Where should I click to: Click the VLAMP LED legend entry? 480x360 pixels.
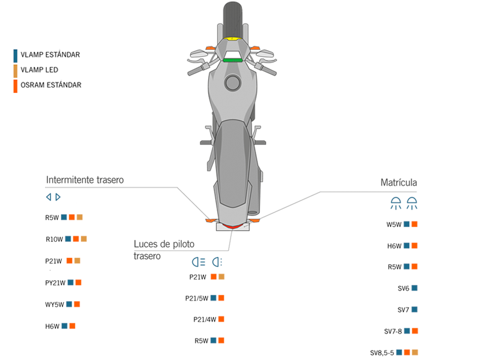click(39, 70)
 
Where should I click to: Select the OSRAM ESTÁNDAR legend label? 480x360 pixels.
click(50, 85)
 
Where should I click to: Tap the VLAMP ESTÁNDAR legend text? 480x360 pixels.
click(50, 55)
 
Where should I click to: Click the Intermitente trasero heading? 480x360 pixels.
click(85, 179)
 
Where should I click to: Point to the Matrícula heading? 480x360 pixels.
click(398, 182)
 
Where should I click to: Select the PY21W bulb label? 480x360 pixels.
click(55, 283)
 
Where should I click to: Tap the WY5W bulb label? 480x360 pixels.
click(54, 304)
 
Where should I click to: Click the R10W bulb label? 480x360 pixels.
click(54, 239)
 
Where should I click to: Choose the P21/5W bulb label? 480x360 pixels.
click(196, 298)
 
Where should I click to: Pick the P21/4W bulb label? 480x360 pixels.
click(204, 319)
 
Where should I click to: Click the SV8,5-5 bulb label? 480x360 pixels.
click(382, 352)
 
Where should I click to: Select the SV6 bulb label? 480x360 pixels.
click(403, 289)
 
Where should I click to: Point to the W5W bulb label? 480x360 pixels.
click(394, 225)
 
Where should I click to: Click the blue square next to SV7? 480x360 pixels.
click(415, 310)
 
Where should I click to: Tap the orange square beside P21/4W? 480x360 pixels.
click(221, 319)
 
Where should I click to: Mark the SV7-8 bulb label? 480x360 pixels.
click(393, 331)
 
